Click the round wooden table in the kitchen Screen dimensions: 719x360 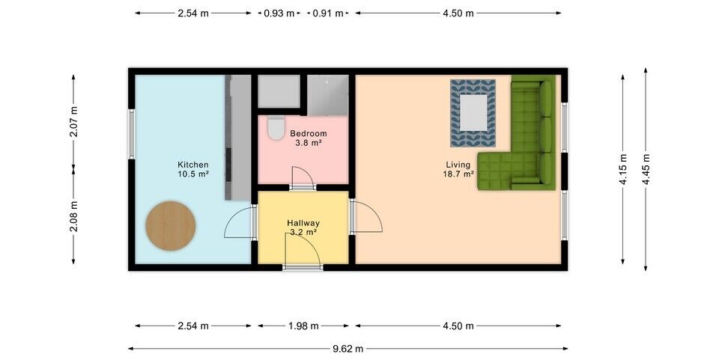[171, 226]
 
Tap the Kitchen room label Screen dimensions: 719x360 [193, 165]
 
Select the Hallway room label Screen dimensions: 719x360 [303, 224]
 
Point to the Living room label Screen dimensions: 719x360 [458, 165]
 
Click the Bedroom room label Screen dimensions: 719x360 [309, 134]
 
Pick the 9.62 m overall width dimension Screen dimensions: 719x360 [348, 349]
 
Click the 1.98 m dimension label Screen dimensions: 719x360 [303, 326]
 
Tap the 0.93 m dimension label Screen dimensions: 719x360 [279, 13]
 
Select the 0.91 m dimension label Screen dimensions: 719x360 [328, 13]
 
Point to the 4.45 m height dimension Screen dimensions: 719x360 [646, 169]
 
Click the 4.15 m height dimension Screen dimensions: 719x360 [623, 169]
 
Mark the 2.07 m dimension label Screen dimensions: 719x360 [74, 121]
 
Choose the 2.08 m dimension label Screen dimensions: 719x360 [74, 216]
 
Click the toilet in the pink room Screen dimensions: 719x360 [276, 128]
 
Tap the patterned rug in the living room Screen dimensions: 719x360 [473, 113]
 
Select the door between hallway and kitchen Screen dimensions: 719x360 [240, 222]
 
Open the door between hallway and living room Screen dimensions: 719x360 [366, 216]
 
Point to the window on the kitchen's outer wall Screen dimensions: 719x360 [132, 134]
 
